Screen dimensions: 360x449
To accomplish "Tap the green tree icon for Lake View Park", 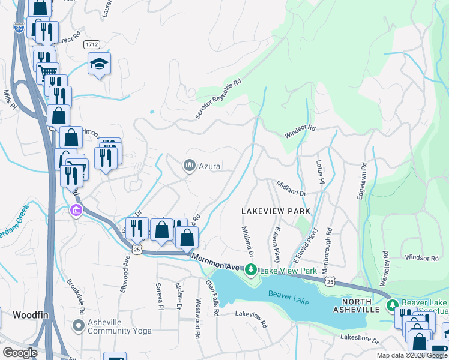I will (252, 271).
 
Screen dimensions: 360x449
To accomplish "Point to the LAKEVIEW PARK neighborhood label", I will (276, 211).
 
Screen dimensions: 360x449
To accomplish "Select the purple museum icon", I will (76, 211).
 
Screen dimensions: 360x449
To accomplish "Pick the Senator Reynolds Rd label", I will (218, 98).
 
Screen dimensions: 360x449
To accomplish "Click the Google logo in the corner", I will (20, 353).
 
